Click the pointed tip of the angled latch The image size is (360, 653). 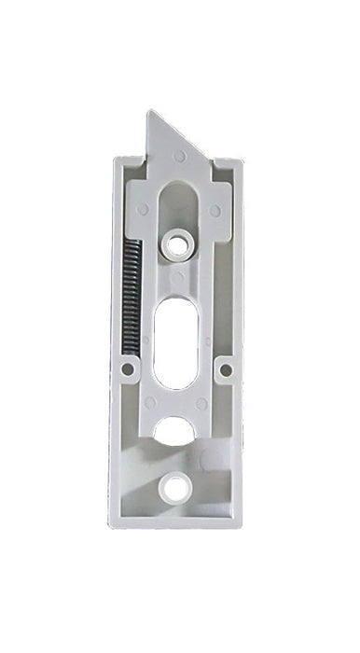click(x=149, y=113)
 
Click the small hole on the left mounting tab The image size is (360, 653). click(x=128, y=369)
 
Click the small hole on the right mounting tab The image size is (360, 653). click(x=225, y=369)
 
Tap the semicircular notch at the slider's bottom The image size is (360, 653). click(x=175, y=430)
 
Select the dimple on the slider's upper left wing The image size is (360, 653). click(x=143, y=210)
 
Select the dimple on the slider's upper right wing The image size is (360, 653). click(x=215, y=211)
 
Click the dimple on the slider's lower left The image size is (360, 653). click(x=150, y=403)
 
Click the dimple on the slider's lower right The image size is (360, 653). click(x=201, y=403)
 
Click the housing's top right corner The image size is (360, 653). click(x=242, y=160)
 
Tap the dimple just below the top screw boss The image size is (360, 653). click(x=176, y=277)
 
